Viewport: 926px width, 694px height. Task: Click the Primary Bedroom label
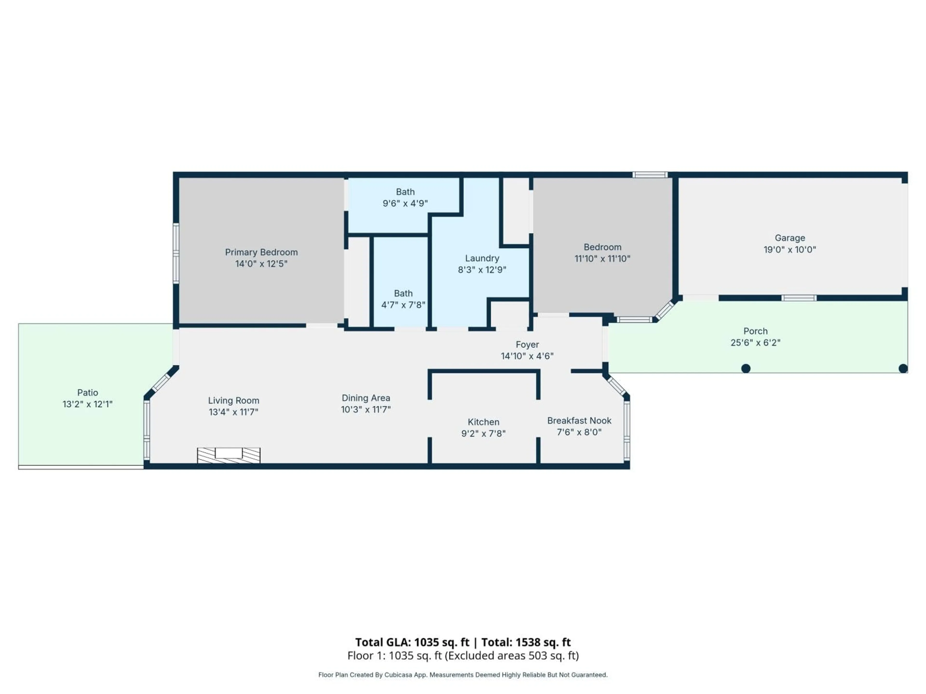[x=261, y=252]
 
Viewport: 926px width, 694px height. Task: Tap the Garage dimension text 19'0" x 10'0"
[x=790, y=250]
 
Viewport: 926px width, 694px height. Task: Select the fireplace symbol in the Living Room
[x=229, y=455]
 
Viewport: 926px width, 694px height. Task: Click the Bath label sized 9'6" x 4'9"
[x=405, y=192]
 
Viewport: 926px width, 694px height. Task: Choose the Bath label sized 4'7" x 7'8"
[x=403, y=294]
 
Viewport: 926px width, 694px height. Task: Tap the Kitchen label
[x=483, y=422]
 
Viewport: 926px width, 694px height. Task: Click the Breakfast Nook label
[x=579, y=420]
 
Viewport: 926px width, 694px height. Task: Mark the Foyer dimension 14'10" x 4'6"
[x=527, y=356]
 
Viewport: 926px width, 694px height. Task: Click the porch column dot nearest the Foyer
[x=746, y=368]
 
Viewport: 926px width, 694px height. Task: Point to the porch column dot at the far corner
[x=903, y=368]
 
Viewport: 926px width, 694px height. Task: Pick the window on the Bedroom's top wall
[x=650, y=175]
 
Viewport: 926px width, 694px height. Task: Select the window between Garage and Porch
[x=799, y=298]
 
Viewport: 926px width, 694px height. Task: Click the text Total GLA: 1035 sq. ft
[x=412, y=642]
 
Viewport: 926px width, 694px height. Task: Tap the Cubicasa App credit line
[x=463, y=675]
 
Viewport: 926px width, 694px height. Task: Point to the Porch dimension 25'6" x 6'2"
[x=755, y=343]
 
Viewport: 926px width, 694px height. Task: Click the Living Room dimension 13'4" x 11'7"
[x=234, y=412]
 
